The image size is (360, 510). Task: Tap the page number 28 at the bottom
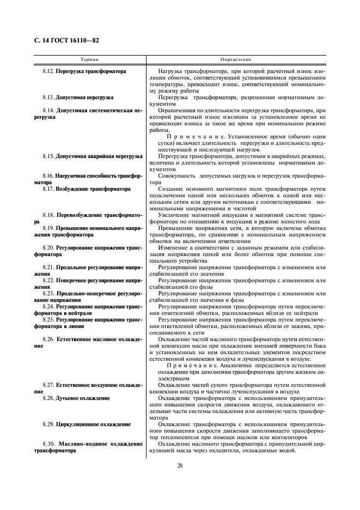coord(180,465)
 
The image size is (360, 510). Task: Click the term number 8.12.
coord(48,72)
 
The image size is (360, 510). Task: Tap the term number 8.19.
coord(48,228)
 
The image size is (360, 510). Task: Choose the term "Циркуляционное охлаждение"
coord(93,423)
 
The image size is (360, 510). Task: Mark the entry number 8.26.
coord(48,338)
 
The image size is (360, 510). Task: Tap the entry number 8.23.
coord(48,293)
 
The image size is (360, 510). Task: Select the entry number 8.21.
coord(48,267)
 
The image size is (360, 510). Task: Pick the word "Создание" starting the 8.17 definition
coord(169,189)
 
